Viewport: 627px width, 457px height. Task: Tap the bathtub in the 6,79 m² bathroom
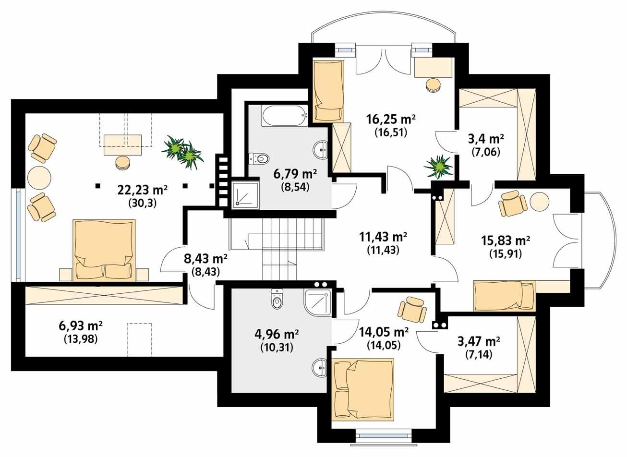[x=284, y=116]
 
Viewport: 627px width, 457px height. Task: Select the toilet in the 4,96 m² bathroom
[x=277, y=299]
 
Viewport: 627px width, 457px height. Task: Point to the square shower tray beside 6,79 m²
[x=245, y=194]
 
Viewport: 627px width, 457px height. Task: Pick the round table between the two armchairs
[x=39, y=178]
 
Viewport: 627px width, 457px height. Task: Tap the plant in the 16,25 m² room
[x=438, y=166]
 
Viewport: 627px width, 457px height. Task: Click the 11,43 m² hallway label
[x=383, y=237]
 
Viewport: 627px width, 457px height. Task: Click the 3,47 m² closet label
[x=479, y=342]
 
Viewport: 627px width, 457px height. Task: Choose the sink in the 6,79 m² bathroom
[x=320, y=150]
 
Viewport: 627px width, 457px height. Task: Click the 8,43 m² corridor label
[x=205, y=259]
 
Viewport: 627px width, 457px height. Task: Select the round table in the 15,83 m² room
[x=540, y=202]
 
